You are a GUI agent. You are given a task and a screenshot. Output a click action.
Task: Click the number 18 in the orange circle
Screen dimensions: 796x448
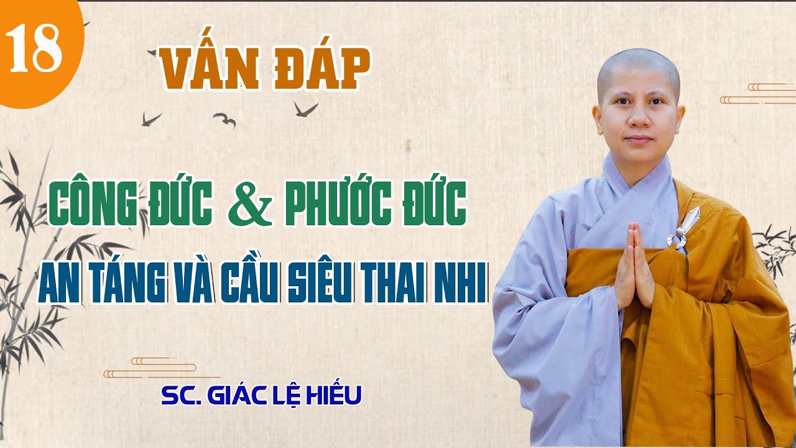34,49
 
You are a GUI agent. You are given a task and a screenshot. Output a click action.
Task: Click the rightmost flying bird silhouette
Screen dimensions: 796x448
305,108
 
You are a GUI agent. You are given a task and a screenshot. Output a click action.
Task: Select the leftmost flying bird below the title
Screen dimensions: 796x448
150,118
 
